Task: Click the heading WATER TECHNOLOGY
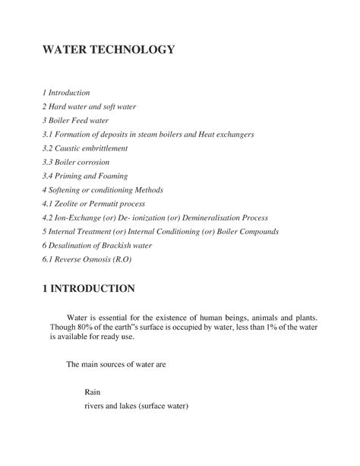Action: pos(109,51)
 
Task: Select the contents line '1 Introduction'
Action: pos(67,92)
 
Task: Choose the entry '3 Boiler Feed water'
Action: pos(76,120)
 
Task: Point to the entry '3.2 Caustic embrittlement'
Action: pos(85,147)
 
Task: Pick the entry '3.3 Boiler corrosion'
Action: pos(77,162)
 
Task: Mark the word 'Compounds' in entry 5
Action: pos(257,231)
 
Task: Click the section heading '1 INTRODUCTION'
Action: pos(90,290)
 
